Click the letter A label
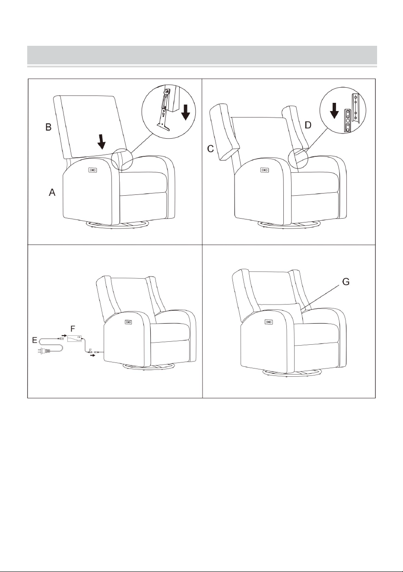pyautogui.click(x=52, y=192)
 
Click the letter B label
pyautogui.click(x=48, y=127)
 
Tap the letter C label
pyautogui.click(x=210, y=149)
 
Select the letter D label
pyautogui.click(x=308, y=125)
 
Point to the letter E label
pyautogui.click(x=35, y=340)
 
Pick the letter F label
pyautogui.click(x=73, y=328)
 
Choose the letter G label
pyautogui.click(x=346, y=282)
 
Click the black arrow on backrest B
pyautogui.click(x=102, y=142)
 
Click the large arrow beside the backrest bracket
pyautogui.click(x=186, y=113)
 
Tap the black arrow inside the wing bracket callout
pyautogui.click(x=334, y=111)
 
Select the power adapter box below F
pyautogui.click(x=75, y=339)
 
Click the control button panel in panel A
pyautogui.click(x=92, y=170)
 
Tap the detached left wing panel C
pyautogui.click(x=225, y=131)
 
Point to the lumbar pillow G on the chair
pyautogui.click(x=281, y=312)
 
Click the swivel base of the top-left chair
pyautogui.click(x=117, y=225)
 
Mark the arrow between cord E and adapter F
pyautogui.click(x=64, y=335)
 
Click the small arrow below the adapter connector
pyautogui.click(x=92, y=355)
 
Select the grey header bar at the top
pyautogui.click(x=202, y=55)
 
